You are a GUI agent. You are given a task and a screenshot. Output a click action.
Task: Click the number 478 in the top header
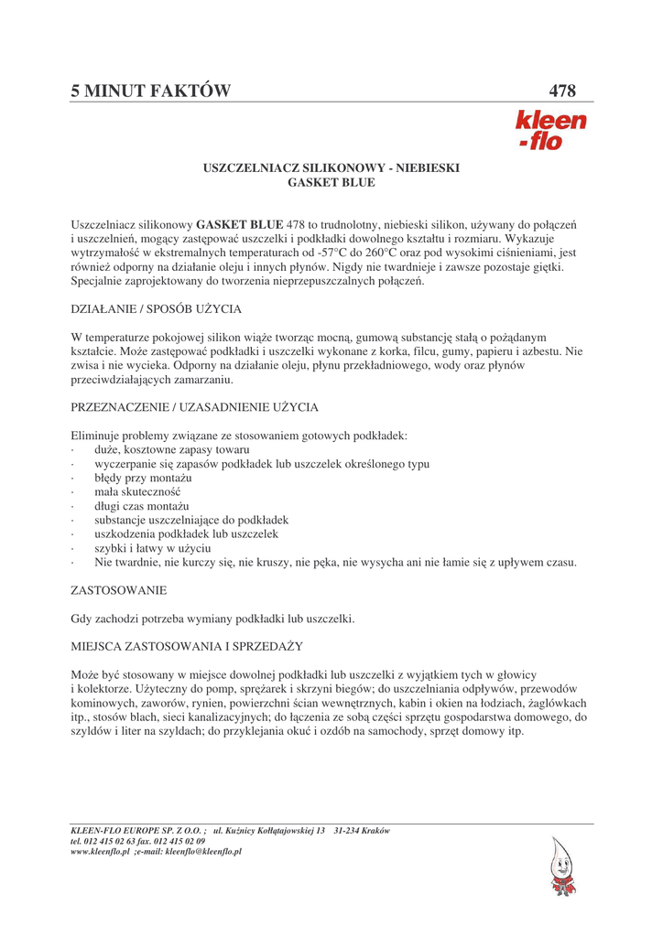[x=562, y=91]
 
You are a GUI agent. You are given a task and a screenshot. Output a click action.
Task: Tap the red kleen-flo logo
[x=550, y=130]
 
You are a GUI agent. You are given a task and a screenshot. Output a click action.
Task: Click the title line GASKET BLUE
[x=331, y=183]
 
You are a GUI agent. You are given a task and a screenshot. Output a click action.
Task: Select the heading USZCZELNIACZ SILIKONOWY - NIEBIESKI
[x=331, y=168]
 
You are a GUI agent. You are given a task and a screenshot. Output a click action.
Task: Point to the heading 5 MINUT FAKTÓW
[x=151, y=91]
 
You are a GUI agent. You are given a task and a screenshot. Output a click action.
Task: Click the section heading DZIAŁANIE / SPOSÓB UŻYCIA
[x=157, y=309]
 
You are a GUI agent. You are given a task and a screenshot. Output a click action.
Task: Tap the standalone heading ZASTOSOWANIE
[x=118, y=592]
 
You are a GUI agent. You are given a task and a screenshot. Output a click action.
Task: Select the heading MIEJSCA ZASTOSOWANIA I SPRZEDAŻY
[x=187, y=647]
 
